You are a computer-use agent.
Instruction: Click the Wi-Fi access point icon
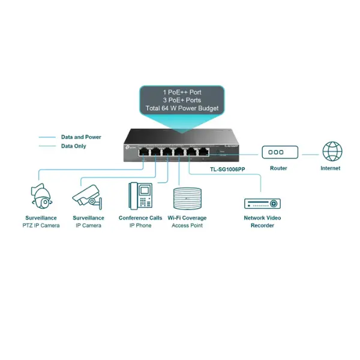tap(187, 199)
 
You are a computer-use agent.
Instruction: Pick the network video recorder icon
tap(262, 202)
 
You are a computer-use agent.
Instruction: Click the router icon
tap(278, 153)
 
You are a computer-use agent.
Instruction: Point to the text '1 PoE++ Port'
tap(181, 92)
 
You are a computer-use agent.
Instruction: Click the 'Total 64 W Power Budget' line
tap(181, 109)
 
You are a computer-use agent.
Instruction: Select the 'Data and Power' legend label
tap(81, 137)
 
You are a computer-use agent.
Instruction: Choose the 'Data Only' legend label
tap(73, 146)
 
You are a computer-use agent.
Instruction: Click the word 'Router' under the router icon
tap(278, 169)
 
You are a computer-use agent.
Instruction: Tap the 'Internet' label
tap(330, 169)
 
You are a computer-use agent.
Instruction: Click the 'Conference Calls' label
tap(140, 218)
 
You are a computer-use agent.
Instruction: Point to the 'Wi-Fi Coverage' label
tap(187, 218)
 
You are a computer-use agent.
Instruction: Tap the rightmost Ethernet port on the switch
tap(204, 152)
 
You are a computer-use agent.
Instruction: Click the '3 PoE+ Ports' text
tap(181, 100)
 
